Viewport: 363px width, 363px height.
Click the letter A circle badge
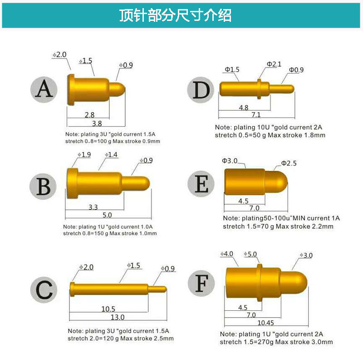(44, 89)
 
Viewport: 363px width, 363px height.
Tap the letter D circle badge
(200, 90)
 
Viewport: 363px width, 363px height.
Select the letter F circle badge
(201, 283)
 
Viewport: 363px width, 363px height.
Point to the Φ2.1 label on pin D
(274, 64)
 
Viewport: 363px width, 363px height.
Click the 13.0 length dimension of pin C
(118, 317)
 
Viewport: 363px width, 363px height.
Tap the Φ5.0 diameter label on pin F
(250, 255)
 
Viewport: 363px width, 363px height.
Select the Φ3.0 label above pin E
(230, 161)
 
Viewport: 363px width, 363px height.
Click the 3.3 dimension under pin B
(93, 207)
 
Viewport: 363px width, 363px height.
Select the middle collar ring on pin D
(259, 88)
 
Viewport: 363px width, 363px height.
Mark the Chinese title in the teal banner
(175, 15)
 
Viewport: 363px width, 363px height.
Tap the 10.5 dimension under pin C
(108, 309)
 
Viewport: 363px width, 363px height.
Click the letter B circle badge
(44, 186)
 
